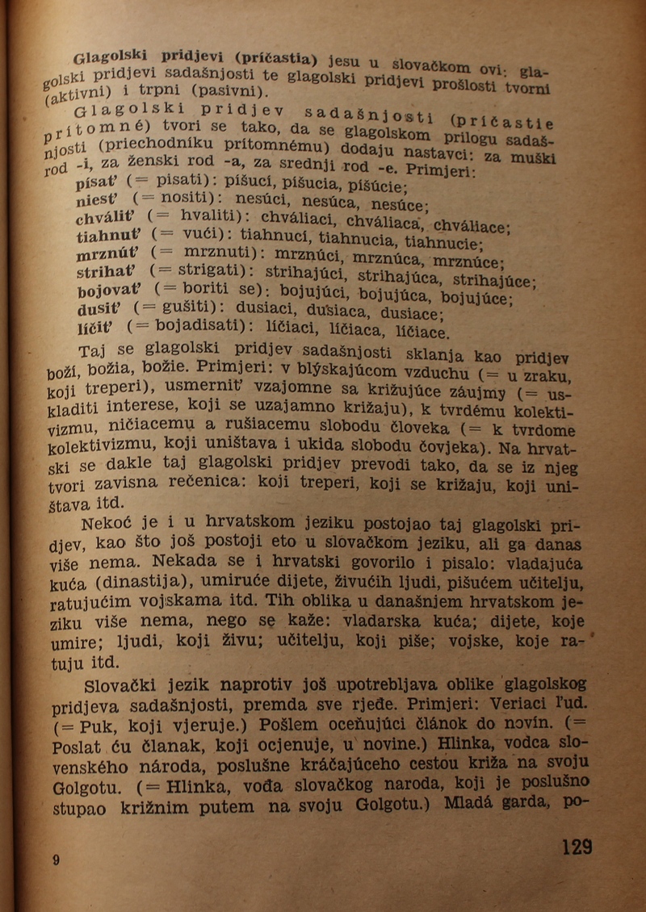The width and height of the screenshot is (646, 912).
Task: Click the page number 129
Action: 577,847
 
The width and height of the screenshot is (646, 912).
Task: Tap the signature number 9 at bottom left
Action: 56,860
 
